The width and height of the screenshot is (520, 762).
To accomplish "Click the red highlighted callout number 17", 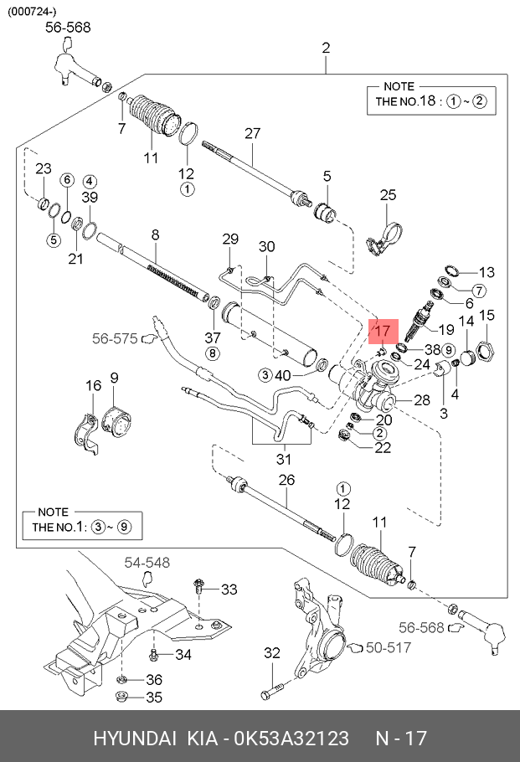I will click(x=381, y=331).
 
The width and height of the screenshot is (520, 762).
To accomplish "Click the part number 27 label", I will click(x=253, y=133).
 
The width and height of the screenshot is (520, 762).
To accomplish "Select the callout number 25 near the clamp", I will click(x=388, y=195).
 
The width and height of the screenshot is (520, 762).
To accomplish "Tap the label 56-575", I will click(x=114, y=338).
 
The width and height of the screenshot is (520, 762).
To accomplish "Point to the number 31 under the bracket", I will click(x=284, y=459).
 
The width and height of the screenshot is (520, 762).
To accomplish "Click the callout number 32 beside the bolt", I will click(x=271, y=652).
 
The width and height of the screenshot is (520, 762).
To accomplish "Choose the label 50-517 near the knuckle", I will click(x=389, y=647).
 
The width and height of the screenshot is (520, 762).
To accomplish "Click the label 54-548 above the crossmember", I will click(x=147, y=562).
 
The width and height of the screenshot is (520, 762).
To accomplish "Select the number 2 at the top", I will click(x=327, y=47).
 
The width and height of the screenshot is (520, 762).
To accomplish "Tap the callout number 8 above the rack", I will click(x=155, y=235).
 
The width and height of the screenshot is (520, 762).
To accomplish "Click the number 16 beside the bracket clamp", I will click(x=93, y=385).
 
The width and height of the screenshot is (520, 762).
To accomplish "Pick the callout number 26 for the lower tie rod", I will click(x=287, y=481).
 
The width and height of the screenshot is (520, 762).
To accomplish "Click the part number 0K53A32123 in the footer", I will click(x=291, y=739).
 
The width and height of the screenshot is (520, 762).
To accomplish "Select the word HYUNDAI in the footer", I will click(x=134, y=739).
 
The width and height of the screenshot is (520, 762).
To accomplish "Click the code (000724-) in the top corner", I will click(x=33, y=11).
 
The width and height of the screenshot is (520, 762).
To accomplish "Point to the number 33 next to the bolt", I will click(x=229, y=590).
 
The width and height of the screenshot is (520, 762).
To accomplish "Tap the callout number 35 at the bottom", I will click(x=154, y=697).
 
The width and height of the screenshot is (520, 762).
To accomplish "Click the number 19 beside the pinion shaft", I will click(x=445, y=329).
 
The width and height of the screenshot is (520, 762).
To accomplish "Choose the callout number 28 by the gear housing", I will click(x=421, y=400).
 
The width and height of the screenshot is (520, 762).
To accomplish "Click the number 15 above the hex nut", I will click(x=487, y=315).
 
